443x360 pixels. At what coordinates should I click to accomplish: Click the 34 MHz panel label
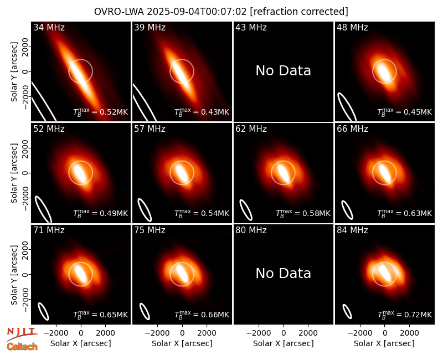[x=49, y=27]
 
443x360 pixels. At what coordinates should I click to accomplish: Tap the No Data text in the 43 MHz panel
[x=283, y=71]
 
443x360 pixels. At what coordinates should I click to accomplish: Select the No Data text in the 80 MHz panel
[x=283, y=273]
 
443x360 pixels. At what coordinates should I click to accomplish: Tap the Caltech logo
[x=22, y=347]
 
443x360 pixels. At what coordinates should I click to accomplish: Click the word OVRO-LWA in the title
[x=119, y=12]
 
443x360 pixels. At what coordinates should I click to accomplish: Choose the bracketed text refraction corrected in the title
[x=299, y=12]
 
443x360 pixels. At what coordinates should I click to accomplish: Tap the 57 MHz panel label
[x=150, y=129]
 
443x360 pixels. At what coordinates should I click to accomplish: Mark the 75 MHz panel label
[x=150, y=230]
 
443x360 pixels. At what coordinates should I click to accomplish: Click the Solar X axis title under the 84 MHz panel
[x=384, y=343]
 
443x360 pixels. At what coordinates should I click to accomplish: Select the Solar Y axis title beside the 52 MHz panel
[x=14, y=173]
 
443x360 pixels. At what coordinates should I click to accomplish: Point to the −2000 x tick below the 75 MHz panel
[x=157, y=333]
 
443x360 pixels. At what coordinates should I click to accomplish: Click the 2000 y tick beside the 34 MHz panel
[x=25, y=47]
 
